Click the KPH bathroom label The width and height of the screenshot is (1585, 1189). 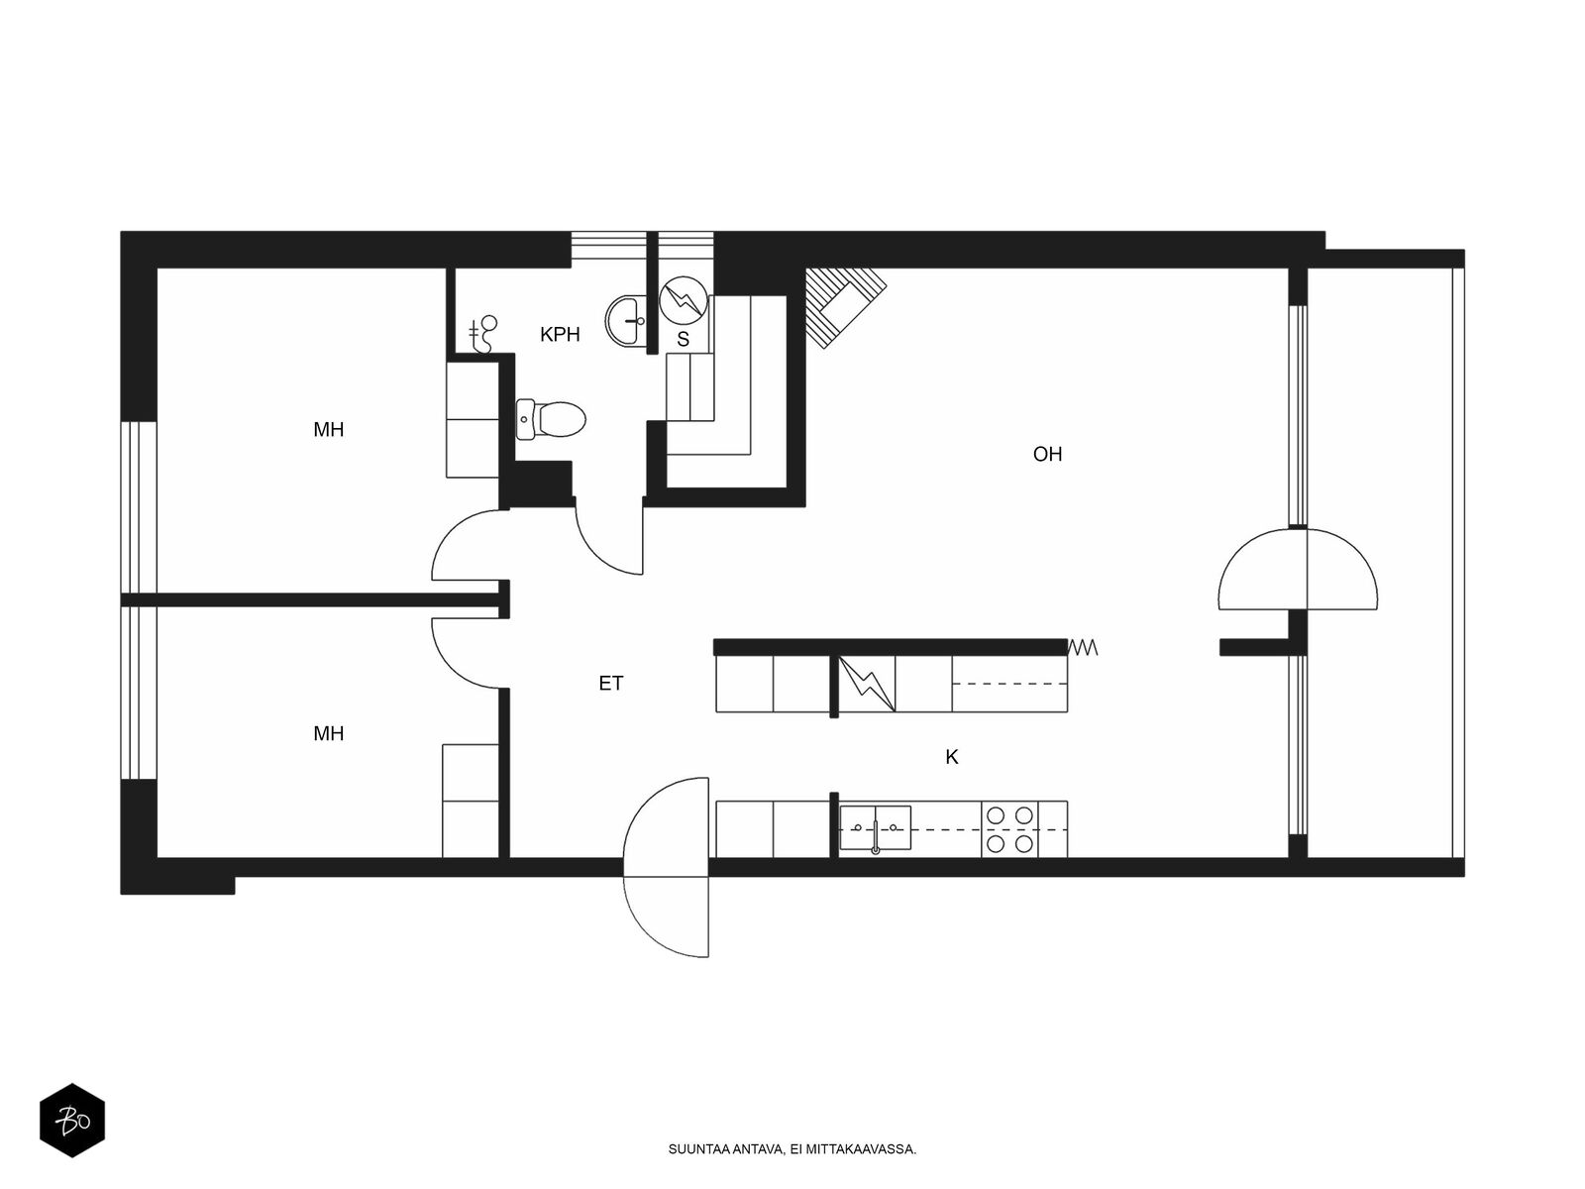pos(560,334)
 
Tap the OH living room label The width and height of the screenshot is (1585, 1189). pos(1047,454)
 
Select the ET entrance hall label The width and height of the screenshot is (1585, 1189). pos(611,683)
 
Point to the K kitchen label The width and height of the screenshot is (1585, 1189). pos(952,757)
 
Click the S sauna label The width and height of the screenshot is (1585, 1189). pos(683,339)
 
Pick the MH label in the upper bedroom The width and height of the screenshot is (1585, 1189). pos(329,430)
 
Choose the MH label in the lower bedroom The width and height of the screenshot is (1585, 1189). pos(329,733)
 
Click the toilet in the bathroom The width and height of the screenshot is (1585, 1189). pos(550,419)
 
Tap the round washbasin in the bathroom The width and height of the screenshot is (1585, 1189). pos(625,321)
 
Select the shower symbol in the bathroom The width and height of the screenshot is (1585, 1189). pos(483,334)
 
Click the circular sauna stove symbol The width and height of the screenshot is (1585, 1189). pos(683,299)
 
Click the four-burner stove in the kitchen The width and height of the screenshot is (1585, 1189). pos(1009,828)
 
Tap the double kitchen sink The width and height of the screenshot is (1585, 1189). pos(875,828)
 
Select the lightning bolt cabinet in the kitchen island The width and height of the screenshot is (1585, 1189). pos(867,684)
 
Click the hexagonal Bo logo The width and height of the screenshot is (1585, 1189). pos(72,1121)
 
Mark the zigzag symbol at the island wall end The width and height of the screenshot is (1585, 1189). pos(1083,648)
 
